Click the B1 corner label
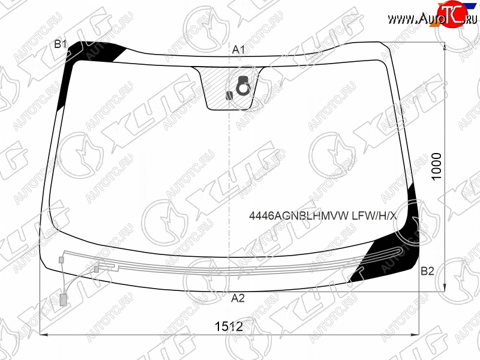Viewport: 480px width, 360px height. click(61, 44)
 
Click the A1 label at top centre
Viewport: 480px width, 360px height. click(238, 50)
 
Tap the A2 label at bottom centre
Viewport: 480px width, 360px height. click(238, 298)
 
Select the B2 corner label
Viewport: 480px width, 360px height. click(427, 271)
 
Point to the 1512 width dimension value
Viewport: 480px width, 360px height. click(229, 326)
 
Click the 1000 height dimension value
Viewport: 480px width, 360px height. click(436, 167)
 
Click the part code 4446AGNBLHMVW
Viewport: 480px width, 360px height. click(299, 216)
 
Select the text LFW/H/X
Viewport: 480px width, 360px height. click(374, 216)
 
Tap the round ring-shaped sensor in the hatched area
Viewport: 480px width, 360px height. click(244, 86)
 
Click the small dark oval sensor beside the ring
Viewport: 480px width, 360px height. click(229, 96)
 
